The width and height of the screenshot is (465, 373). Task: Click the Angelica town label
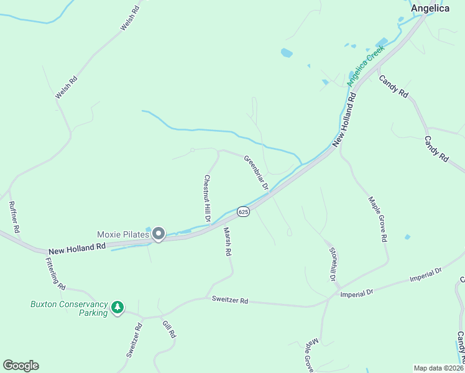coord(430,8)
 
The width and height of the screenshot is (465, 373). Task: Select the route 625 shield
coord(243,212)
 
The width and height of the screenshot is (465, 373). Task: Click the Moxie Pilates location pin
coord(159,234)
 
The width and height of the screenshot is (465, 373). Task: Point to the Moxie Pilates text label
coord(122,234)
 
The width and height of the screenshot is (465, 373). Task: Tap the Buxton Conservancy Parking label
coord(68,308)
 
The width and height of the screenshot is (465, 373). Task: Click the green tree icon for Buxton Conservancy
coord(117,307)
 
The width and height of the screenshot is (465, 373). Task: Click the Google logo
coord(21,365)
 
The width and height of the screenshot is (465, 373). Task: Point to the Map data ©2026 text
coord(438,368)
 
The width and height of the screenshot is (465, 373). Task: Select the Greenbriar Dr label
coord(256,172)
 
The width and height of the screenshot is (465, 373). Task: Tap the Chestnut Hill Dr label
coord(207,198)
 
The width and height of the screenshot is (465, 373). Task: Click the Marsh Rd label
coord(227,242)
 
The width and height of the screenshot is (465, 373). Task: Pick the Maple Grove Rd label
coord(378,219)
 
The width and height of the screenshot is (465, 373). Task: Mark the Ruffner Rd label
coord(14,217)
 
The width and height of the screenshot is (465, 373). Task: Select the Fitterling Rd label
coord(55,274)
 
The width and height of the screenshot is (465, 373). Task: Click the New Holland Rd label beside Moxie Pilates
coord(77,249)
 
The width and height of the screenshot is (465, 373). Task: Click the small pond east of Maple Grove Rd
coord(407,237)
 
